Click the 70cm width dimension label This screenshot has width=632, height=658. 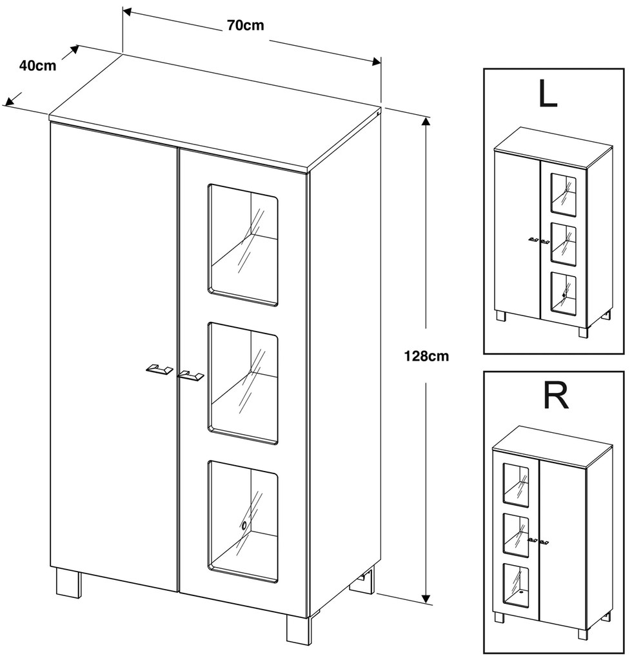coord(245,26)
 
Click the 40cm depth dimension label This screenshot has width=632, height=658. coord(37,65)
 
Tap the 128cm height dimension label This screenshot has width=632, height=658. coord(426,355)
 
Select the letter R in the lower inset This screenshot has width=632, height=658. coord(556,397)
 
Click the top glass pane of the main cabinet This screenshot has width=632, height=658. coord(243,244)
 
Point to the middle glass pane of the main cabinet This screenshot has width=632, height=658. coord(243,384)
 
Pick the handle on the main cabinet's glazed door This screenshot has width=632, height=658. coord(191,375)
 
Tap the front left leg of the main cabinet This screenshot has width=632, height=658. coord(68,582)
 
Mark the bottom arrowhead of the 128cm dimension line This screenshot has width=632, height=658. coord(426,600)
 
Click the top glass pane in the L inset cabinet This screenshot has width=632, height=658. coord(563,194)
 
